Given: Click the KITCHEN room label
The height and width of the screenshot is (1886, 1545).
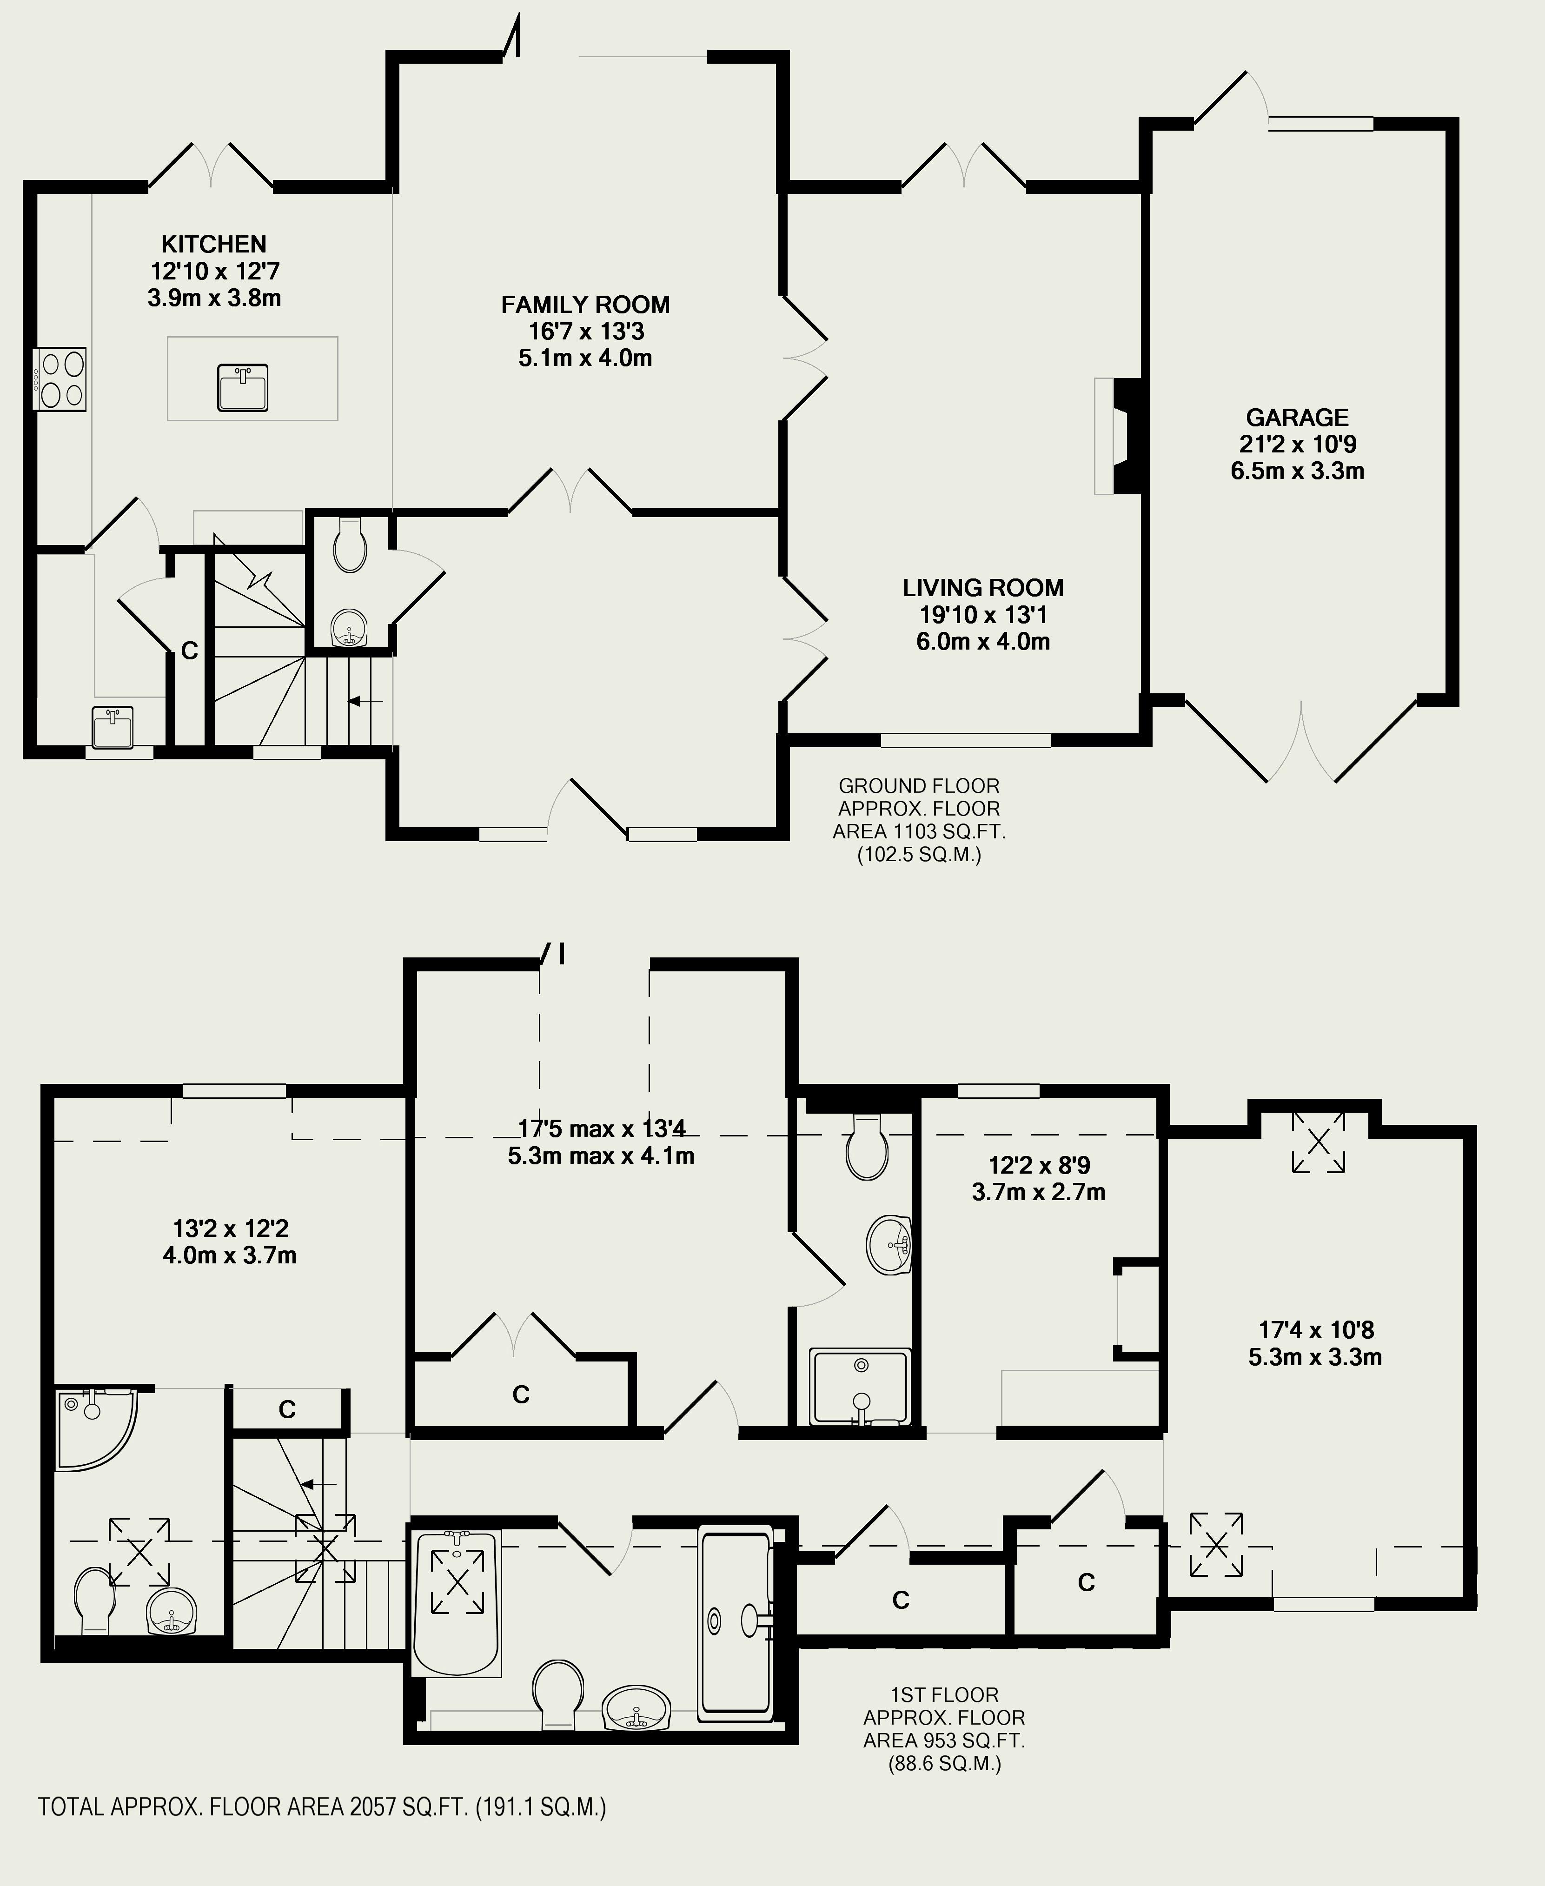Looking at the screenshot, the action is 213,244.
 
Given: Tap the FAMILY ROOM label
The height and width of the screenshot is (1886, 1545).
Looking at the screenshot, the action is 585,305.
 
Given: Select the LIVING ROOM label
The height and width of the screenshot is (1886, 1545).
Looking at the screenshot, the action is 982,587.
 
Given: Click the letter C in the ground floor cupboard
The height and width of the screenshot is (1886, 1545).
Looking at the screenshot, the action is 190,651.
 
